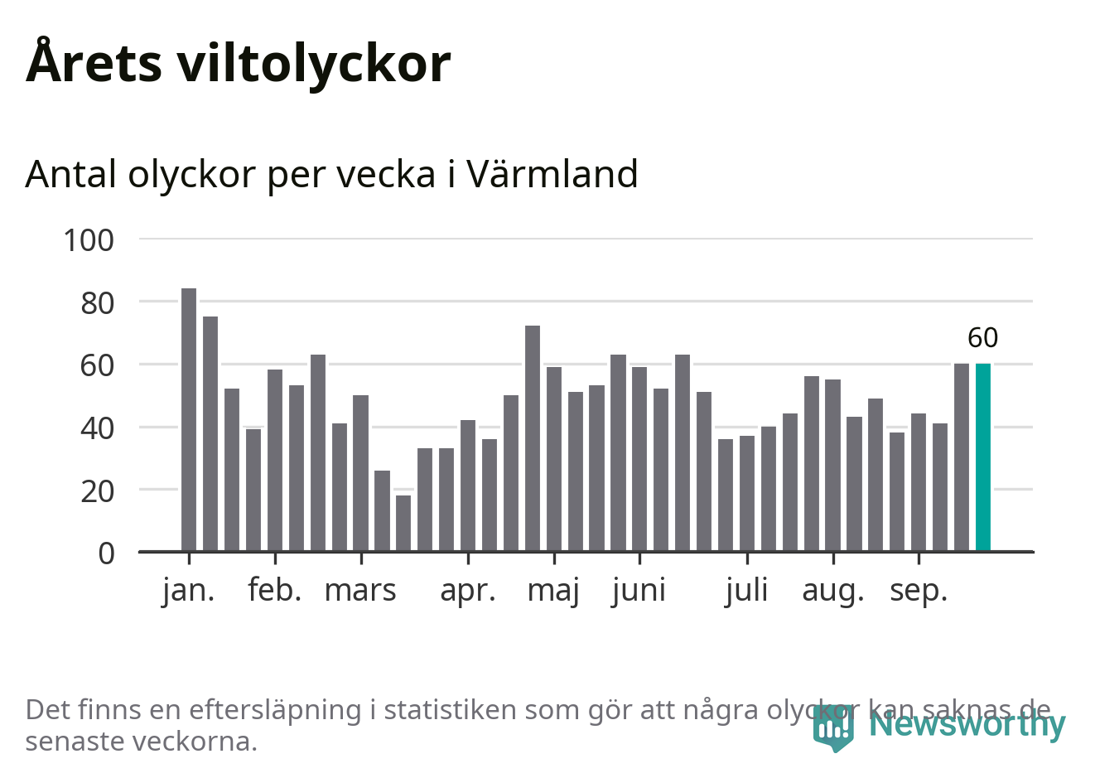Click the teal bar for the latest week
click(x=982, y=457)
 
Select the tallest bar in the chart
click(x=189, y=419)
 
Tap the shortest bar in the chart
click(x=403, y=523)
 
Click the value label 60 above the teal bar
click(x=983, y=338)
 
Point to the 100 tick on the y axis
click(x=89, y=240)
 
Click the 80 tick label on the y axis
click(x=97, y=303)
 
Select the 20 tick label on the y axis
click(x=97, y=490)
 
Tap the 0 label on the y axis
click(x=106, y=553)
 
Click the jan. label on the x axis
click(x=188, y=591)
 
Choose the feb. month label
click(x=274, y=591)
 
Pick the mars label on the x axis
click(x=360, y=591)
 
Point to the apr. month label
click(x=468, y=591)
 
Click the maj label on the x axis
click(x=553, y=591)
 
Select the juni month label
click(x=639, y=591)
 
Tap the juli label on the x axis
click(x=746, y=591)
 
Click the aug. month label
click(x=832, y=591)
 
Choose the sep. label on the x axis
click(x=918, y=591)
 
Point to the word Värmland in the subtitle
click(x=552, y=174)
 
